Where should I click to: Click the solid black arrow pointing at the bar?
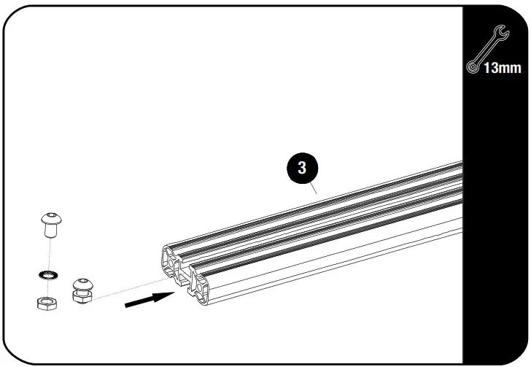(x=149, y=299)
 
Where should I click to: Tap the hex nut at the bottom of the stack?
(x=47, y=302)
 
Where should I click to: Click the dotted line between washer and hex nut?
(x=48, y=288)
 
